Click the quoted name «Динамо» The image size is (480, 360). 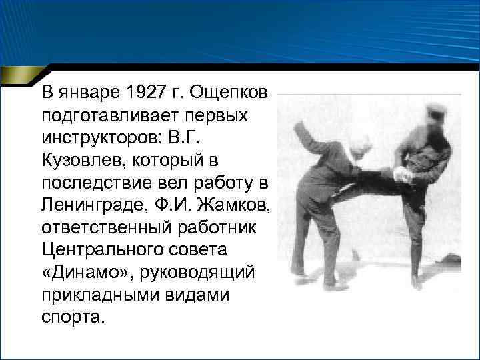77,273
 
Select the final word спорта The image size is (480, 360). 73,318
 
